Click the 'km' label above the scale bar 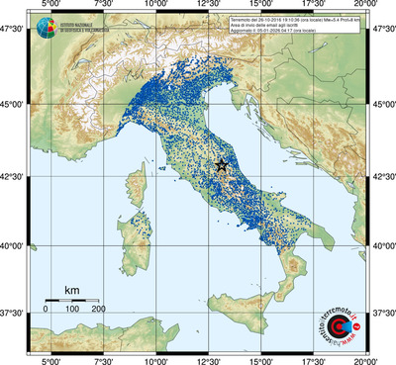tap(72, 290)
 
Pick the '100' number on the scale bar tap(72, 309)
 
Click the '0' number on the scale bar tap(46, 309)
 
